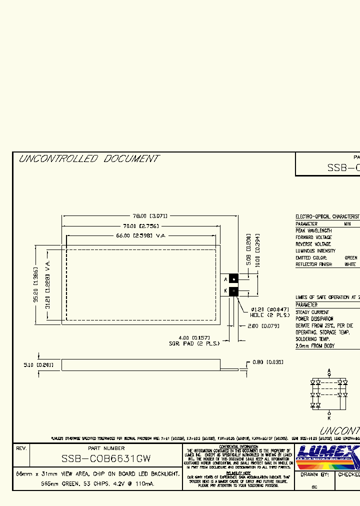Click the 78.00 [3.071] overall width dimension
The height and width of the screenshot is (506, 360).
coord(150,216)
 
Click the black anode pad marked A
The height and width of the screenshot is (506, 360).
coord(233,279)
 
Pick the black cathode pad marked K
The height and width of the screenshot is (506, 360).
coord(233,290)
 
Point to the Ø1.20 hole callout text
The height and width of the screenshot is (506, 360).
coord(269,309)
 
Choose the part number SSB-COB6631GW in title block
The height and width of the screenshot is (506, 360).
coord(106,458)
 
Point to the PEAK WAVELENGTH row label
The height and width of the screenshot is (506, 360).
coord(313,231)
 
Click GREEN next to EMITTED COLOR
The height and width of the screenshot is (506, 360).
coord(351,257)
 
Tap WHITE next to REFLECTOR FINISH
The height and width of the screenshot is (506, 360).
coord(350,264)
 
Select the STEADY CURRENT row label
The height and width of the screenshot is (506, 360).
coord(312,312)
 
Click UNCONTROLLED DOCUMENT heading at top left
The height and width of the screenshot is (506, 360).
coord(88,159)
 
